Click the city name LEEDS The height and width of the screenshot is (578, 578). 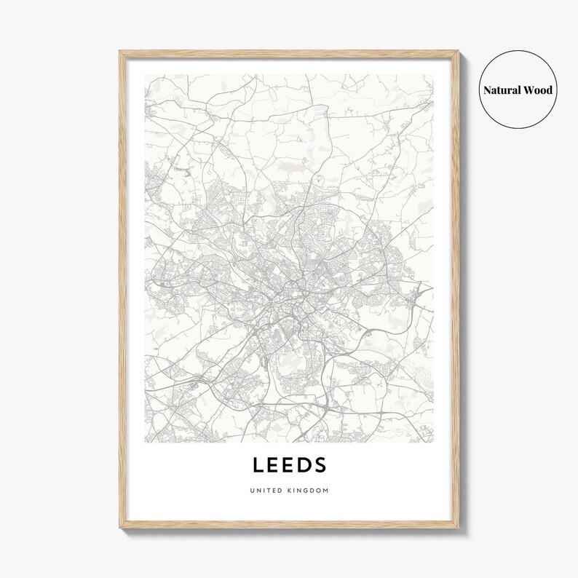(290, 464)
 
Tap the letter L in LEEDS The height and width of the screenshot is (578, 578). (258, 464)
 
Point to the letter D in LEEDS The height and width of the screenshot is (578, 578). (304, 464)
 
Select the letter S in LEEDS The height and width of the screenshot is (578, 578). (320, 464)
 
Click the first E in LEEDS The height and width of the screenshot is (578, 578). (274, 464)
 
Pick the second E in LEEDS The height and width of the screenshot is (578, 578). (289, 464)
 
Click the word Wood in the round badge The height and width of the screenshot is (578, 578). (539, 90)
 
